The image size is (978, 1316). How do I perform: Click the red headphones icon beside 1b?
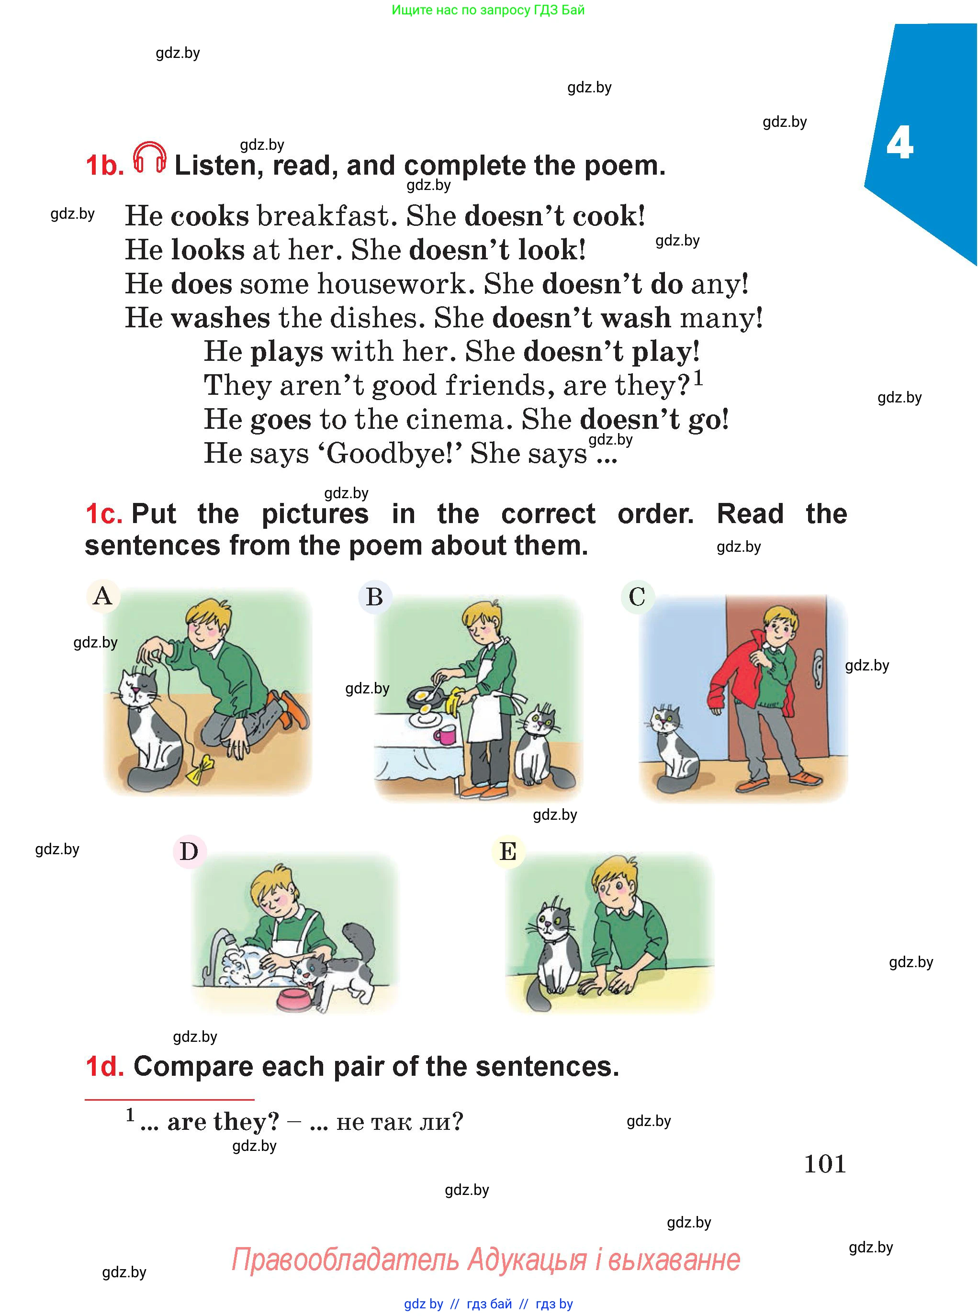[149, 157]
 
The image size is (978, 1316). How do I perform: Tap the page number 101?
[825, 1164]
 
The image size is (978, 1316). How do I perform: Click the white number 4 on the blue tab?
[899, 144]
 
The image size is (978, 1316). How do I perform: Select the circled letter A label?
[103, 595]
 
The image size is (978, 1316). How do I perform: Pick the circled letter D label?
[189, 851]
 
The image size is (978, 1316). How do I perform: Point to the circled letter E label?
[508, 851]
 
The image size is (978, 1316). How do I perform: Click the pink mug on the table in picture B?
[443, 736]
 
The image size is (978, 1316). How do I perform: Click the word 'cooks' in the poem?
[210, 216]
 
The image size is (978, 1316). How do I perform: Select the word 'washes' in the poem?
[220, 318]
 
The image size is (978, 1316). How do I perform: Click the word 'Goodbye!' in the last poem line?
[394, 454]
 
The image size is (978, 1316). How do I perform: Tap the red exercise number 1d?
[104, 1066]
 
